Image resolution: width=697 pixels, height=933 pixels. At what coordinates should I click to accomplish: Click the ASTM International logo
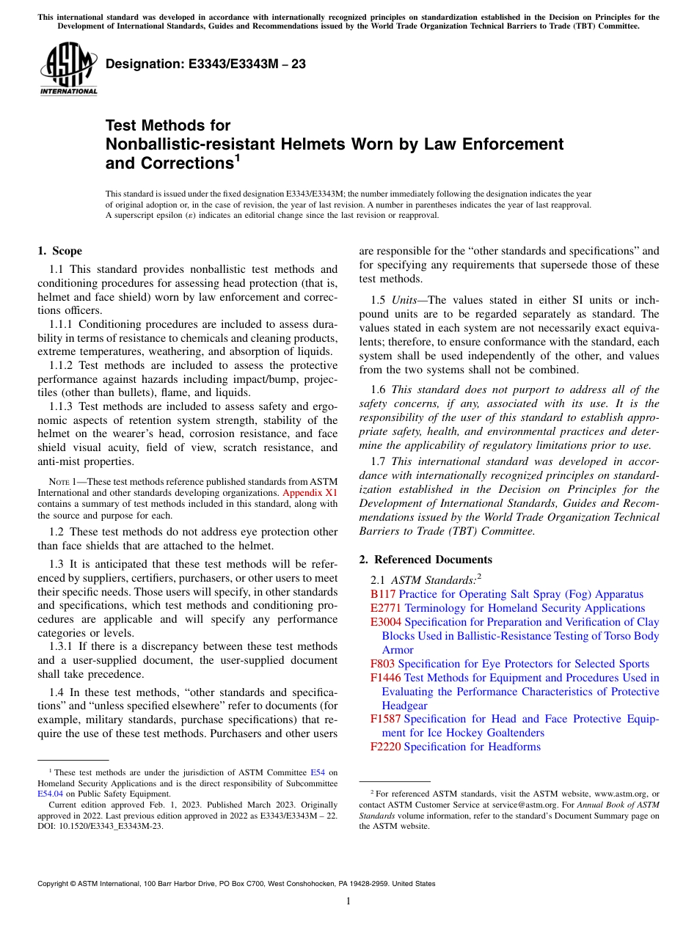point(68,69)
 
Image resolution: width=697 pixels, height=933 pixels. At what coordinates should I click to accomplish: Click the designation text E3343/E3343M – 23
point(205,65)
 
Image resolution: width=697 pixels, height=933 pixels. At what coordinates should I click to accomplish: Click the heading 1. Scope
point(60,251)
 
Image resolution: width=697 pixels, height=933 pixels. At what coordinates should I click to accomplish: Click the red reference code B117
point(383,594)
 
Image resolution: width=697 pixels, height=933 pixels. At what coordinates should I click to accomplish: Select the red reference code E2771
point(386,608)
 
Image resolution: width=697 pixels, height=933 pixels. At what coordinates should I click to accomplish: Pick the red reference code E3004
point(386,622)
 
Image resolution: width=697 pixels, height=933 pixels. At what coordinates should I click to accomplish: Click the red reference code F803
point(383,664)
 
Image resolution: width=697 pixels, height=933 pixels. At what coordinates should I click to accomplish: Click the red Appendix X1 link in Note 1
point(310,493)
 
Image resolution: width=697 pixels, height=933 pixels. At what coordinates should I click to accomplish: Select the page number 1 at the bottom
point(348,901)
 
